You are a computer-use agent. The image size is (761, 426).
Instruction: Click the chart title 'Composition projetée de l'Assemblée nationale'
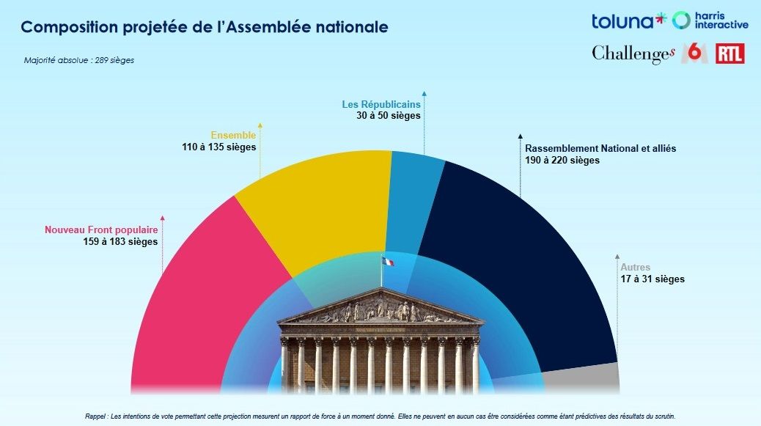(204, 27)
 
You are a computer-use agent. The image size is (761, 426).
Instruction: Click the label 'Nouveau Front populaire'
(101, 229)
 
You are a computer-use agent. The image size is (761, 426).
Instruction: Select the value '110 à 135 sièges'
(219, 147)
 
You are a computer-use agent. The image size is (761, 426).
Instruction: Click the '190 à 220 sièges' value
(562, 160)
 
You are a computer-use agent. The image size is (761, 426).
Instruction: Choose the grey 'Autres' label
(635, 268)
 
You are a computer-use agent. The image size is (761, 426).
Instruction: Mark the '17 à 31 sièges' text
(652, 279)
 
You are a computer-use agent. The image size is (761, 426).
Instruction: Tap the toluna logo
(628, 21)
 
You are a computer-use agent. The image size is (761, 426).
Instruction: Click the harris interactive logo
(711, 21)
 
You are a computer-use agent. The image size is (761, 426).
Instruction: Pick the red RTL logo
(729, 53)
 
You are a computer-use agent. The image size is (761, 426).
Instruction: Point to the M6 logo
(694, 53)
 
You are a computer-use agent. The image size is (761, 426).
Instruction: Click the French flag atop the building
(386, 261)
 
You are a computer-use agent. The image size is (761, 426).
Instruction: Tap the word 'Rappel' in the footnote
(96, 416)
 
